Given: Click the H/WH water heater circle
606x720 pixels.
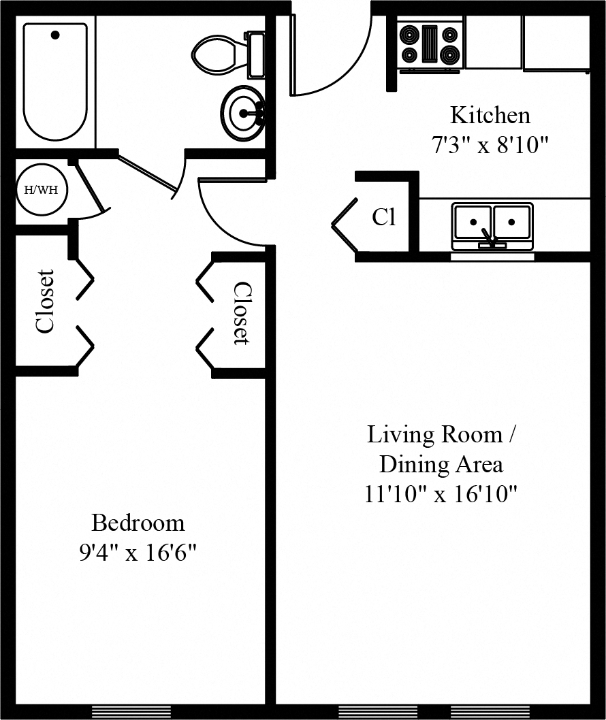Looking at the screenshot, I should click(x=42, y=189).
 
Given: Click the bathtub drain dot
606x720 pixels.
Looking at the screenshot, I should click(x=55, y=35).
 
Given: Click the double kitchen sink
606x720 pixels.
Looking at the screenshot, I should click(x=492, y=223).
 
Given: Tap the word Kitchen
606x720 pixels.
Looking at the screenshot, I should click(x=490, y=115).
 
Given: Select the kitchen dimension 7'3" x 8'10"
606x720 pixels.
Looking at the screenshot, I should click(x=490, y=145).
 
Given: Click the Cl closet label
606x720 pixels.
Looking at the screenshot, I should click(x=383, y=217).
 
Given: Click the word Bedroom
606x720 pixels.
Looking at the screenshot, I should click(x=138, y=523).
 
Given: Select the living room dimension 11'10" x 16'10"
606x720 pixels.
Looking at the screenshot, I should click(x=441, y=493).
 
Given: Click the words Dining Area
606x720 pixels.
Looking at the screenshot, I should click(x=441, y=464).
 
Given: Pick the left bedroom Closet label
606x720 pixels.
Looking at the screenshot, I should click(x=45, y=301).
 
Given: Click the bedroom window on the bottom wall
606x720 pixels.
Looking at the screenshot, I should click(x=131, y=712).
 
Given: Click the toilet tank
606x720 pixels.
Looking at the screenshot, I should click(x=256, y=54).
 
